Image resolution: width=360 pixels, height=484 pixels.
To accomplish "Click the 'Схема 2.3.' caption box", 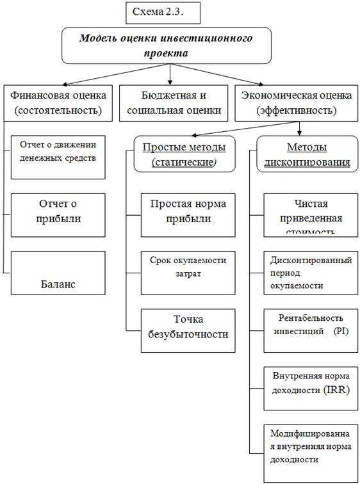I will click(163, 12).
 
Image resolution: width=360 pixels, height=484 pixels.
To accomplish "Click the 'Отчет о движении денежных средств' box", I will click(58, 151).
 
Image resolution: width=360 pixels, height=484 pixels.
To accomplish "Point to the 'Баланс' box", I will click(58, 273).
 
